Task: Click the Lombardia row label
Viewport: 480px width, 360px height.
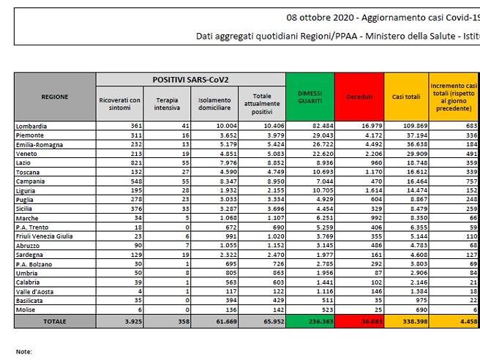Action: [31, 126]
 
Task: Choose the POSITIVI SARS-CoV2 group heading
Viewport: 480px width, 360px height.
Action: [190, 78]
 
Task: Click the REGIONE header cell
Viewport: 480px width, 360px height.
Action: [55, 96]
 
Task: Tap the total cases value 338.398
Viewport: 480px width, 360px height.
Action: [412, 321]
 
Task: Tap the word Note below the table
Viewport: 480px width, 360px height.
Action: [23, 352]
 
